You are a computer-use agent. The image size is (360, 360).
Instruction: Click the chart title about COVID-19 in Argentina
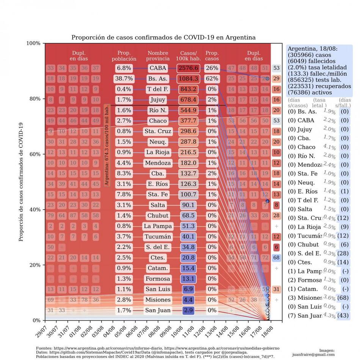(x=163, y=38)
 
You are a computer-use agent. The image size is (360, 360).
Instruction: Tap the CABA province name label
(x=158, y=68)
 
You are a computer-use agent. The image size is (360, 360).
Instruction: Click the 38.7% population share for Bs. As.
(x=124, y=79)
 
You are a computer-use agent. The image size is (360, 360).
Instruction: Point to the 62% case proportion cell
(x=212, y=79)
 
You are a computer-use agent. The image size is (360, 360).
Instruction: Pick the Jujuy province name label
(x=158, y=100)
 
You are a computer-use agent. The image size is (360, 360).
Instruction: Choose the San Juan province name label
(x=158, y=310)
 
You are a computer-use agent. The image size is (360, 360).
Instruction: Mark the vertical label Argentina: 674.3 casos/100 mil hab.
(x=107, y=145)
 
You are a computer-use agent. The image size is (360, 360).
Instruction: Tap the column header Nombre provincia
(x=158, y=56)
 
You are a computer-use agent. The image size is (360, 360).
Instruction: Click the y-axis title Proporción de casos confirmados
(x=21, y=182)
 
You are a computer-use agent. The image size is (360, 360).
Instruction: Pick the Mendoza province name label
(x=158, y=163)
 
